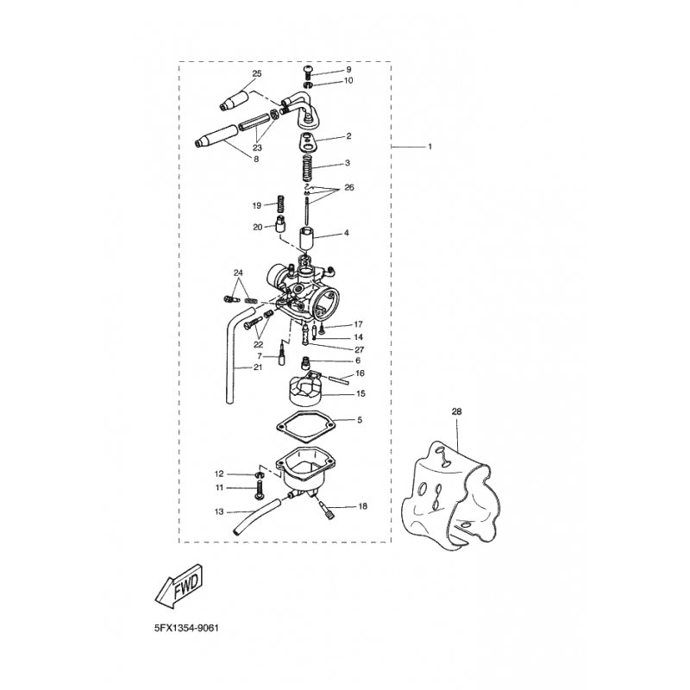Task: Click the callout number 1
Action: pyautogui.click(x=430, y=147)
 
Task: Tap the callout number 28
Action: pyautogui.click(x=456, y=412)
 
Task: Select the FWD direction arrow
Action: pyautogui.click(x=178, y=592)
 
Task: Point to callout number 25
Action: pyautogui.click(x=255, y=73)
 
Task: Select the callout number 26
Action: pyautogui.click(x=348, y=187)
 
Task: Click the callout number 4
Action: pyautogui.click(x=347, y=233)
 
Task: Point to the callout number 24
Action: pyautogui.click(x=238, y=273)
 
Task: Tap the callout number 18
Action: pyautogui.click(x=361, y=507)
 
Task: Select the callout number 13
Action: pyautogui.click(x=219, y=511)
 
